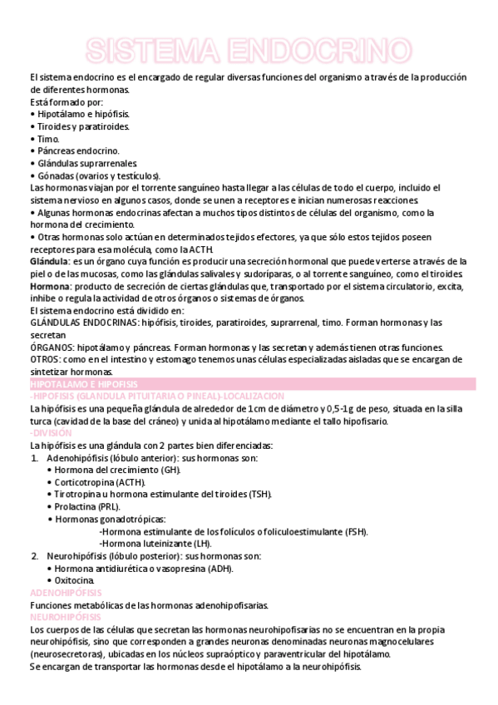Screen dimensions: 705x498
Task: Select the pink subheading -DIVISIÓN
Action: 49,433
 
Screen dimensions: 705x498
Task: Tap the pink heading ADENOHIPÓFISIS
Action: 66,593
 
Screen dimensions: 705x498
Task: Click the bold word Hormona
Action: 49,286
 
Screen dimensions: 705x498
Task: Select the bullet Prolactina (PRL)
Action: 87,505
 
